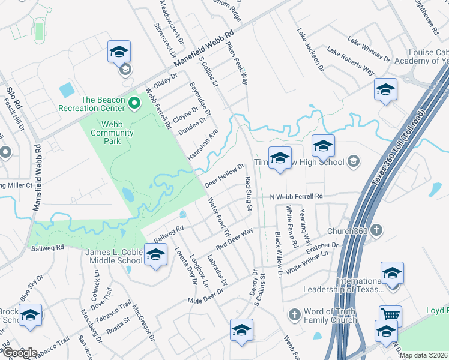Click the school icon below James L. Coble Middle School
coord(155,257)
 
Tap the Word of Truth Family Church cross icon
coord(294,314)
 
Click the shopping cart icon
coord(390,314)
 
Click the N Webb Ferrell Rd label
coord(296,197)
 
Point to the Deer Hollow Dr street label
coord(224,175)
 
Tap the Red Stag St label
coord(247,193)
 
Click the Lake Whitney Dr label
coord(369,49)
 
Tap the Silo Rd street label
coord(14,96)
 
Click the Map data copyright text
coord(423,355)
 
